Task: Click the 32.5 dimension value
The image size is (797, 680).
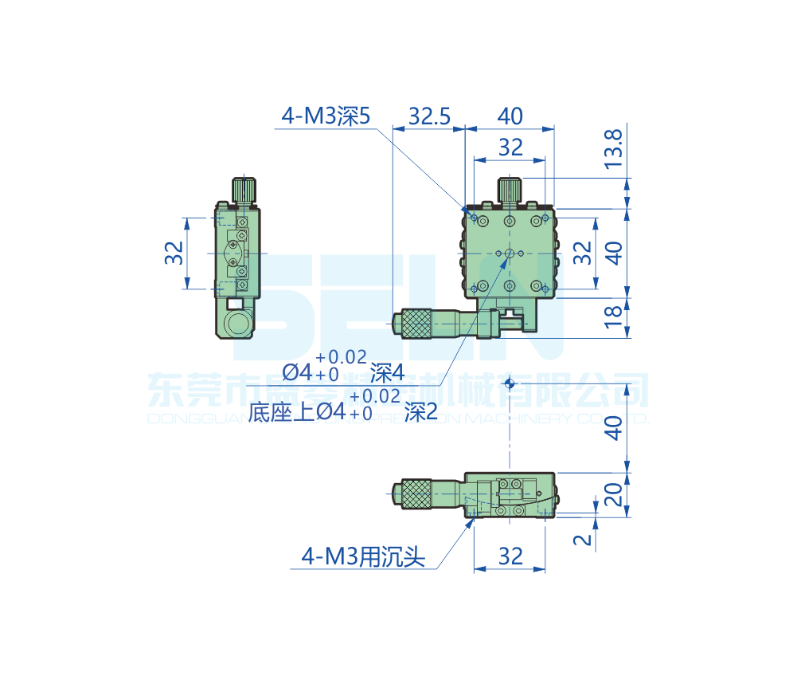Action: [430, 116]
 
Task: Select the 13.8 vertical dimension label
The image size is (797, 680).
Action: [613, 148]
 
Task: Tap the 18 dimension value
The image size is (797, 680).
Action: [612, 316]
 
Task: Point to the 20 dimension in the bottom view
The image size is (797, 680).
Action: [612, 495]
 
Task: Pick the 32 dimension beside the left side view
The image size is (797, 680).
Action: [174, 254]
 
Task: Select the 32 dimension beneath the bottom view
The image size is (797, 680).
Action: [510, 556]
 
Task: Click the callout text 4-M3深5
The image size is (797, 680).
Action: [326, 116]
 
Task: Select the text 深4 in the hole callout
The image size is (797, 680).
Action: [388, 371]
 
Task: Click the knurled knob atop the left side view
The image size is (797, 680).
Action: [245, 191]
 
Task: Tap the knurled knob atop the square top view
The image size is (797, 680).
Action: [510, 191]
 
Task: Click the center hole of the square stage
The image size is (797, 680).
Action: [510, 253]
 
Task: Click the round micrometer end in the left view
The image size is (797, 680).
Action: [237, 324]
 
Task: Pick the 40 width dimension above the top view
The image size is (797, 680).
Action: [510, 116]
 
